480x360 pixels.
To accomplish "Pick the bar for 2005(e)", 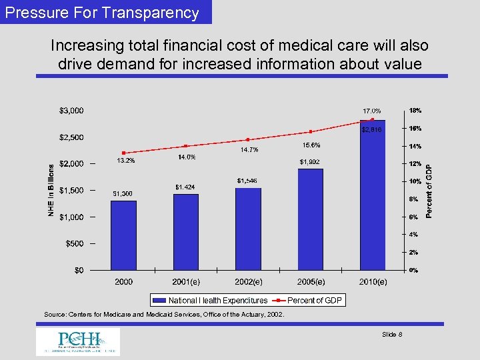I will click(x=310, y=219).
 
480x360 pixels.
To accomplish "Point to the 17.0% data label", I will click(x=372, y=111).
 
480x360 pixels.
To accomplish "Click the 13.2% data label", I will click(x=126, y=161).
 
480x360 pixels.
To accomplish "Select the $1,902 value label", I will click(x=310, y=161).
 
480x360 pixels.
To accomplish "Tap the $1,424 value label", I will click(x=185, y=187).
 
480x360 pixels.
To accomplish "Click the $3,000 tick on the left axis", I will click(x=71, y=110).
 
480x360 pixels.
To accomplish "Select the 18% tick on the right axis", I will click(x=414, y=111).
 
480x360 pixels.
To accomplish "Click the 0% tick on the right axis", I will click(x=413, y=270).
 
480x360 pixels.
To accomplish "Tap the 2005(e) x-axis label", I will click(x=310, y=283).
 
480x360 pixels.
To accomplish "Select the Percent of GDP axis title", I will click(x=430, y=191).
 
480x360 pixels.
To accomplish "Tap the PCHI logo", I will click(x=78, y=341).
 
